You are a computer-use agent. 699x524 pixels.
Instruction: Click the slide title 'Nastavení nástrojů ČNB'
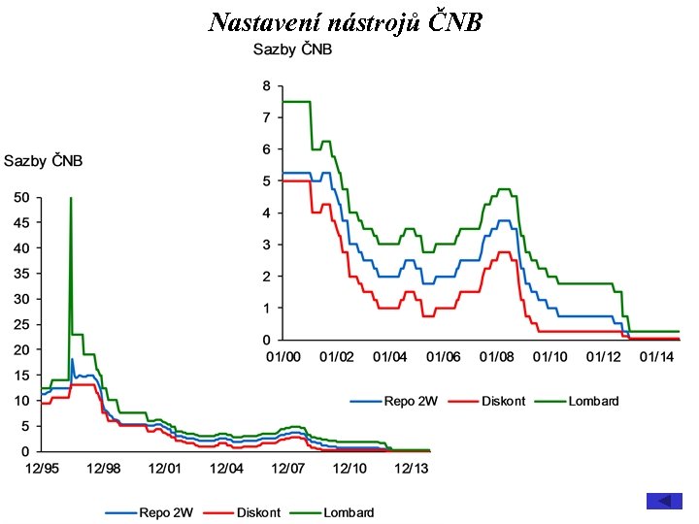[345, 21]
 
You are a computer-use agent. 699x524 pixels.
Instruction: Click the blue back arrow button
[664, 501]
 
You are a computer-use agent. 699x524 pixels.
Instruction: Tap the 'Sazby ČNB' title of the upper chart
[292, 49]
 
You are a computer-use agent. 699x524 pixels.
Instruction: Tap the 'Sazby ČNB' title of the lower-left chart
[44, 160]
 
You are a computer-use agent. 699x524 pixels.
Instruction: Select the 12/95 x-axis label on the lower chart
[42, 469]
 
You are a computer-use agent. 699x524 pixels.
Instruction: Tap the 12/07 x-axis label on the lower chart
[288, 469]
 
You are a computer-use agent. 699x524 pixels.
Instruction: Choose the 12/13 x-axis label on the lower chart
[411, 469]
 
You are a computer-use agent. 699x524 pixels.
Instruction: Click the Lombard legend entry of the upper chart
[593, 401]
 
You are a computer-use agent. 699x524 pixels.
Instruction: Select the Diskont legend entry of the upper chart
[504, 401]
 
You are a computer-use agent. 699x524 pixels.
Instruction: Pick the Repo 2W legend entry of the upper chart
[406, 401]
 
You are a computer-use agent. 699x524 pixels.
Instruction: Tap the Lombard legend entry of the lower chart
[349, 512]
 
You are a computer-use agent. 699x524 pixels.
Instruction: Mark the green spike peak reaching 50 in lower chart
[71, 199]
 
